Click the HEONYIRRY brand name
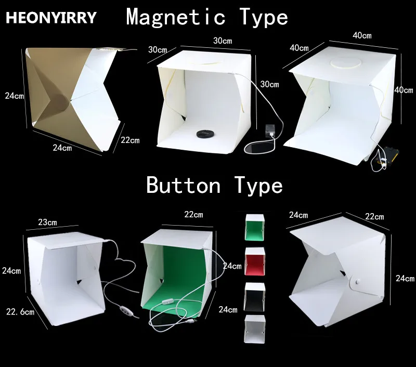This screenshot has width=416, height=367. coord(51,18)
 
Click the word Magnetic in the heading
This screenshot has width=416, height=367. coord(176,17)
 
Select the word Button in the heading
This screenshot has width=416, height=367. coord(184,185)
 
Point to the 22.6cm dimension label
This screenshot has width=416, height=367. coord(20,312)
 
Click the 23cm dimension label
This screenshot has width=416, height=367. coord(47,222)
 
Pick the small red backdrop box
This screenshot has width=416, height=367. coord(255,261)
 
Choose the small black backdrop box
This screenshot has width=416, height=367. coord(255,297)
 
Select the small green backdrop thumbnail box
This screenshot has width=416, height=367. coord(255,228)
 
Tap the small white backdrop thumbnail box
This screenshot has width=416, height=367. coord(255,329)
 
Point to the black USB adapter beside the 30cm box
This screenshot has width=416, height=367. coord(270,132)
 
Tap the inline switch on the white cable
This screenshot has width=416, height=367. coord(167,303)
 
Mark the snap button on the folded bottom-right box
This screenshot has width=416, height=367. coord(357,281)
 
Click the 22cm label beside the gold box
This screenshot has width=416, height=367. coord(130,140)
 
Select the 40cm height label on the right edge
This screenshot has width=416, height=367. coord(404,90)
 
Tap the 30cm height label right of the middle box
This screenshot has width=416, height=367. coord(269,84)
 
